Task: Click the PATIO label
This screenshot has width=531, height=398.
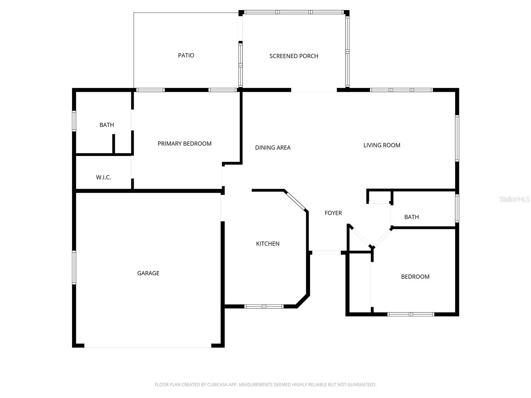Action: coord(186,55)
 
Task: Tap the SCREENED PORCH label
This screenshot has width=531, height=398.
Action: coord(294,56)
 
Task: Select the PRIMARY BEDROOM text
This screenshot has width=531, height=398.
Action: coord(184,144)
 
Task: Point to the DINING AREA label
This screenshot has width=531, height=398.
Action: coord(273,147)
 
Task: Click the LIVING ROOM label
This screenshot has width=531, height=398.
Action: coord(382,145)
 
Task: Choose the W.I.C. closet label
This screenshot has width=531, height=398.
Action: coord(103,177)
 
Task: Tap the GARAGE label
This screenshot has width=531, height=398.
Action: coord(148,273)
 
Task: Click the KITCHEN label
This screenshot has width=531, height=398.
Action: coord(267,243)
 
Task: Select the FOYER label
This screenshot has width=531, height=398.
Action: coord(333,213)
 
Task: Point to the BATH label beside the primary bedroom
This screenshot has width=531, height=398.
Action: coord(107,125)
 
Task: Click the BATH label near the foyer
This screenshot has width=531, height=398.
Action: coord(411,217)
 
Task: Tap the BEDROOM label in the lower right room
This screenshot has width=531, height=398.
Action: coord(415,277)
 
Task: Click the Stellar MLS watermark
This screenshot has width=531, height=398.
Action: coord(514,199)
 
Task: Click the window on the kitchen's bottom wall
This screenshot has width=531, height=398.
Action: coord(264,306)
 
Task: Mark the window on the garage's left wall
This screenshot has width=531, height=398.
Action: coord(74,267)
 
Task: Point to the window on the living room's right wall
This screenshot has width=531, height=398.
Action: coord(457,138)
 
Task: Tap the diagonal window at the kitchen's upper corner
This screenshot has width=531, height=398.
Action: coord(295,200)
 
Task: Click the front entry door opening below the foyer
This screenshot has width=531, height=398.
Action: coord(326,253)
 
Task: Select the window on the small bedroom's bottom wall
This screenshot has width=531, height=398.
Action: coord(411,314)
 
